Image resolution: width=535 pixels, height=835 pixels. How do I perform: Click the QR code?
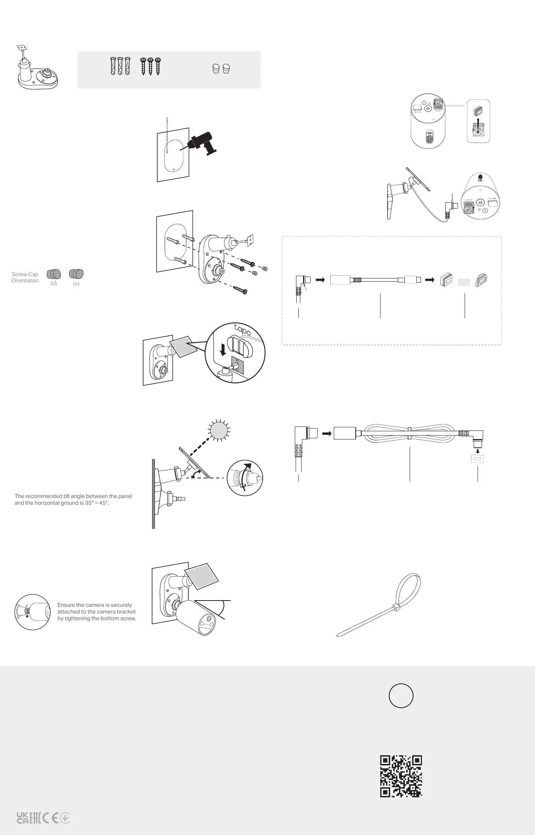(x=401, y=776)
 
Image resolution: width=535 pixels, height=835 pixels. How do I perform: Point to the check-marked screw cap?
(x=54, y=274)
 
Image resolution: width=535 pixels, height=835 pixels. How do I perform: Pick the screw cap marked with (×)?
(x=76, y=274)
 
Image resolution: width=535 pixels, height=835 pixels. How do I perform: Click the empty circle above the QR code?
(x=401, y=696)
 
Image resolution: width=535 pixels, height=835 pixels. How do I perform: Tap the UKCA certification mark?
(x=22, y=818)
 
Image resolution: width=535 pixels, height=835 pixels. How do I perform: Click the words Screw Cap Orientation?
(x=25, y=277)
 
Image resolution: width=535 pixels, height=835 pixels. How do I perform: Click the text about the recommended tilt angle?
(x=73, y=499)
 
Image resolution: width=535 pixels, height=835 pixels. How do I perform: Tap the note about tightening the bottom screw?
(x=97, y=612)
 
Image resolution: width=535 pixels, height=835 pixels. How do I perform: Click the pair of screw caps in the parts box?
(x=221, y=69)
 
